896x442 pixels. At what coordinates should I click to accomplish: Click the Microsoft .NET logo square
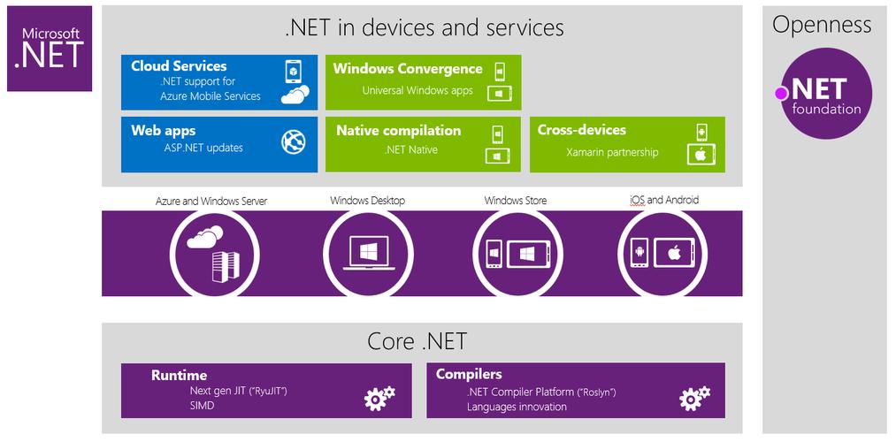50,49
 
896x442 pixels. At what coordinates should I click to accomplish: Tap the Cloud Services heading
179,66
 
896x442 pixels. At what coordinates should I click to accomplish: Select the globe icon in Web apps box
293,141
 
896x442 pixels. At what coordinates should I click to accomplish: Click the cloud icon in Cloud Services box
295,95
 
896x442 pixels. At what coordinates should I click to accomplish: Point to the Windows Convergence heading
408,69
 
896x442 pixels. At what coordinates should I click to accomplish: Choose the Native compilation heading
398,131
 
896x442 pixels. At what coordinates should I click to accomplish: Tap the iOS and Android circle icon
661,252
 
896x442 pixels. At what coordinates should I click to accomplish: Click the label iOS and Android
663,200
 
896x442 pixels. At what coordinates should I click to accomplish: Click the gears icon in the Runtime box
379,398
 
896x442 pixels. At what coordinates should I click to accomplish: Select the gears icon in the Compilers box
694,398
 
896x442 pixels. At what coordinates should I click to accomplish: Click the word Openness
822,25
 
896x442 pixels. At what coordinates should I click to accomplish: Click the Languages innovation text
517,407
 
